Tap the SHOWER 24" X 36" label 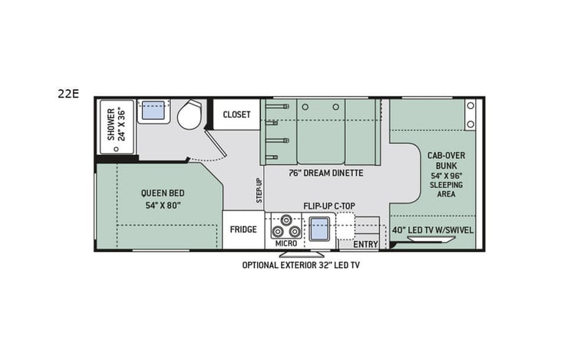pyautogui.click(x=116, y=124)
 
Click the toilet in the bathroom pyautogui.click(x=189, y=116)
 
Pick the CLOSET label pyautogui.click(x=236, y=115)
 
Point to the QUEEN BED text pyautogui.click(x=162, y=193)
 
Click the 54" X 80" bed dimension pyautogui.click(x=162, y=205)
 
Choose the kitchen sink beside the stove pyautogui.click(x=319, y=228)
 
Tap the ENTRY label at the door pyautogui.click(x=365, y=244)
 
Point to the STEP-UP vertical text pyautogui.click(x=259, y=191)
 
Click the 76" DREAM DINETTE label pyautogui.click(x=325, y=173)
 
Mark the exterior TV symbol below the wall pyautogui.click(x=301, y=253)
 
